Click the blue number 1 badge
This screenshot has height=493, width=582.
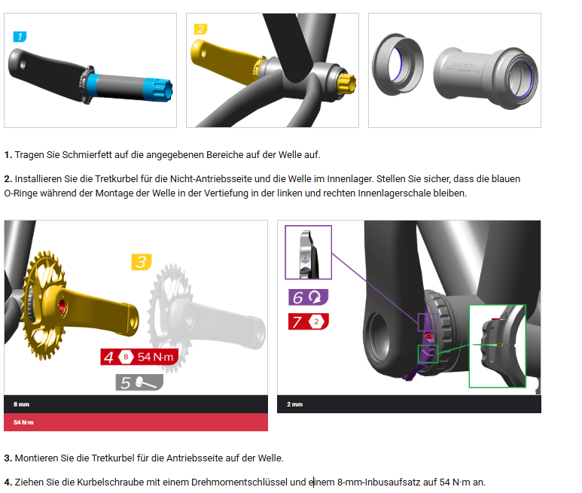tap(20, 37)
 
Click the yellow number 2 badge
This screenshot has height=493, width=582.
tap(201, 29)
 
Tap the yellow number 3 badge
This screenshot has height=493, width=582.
tap(142, 262)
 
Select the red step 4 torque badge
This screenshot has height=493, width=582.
tap(139, 357)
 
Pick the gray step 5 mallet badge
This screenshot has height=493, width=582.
tap(139, 382)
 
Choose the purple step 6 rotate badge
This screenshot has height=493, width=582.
tap(309, 297)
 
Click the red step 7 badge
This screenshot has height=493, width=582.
tap(309, 321)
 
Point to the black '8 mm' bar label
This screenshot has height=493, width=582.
tap(22, 404)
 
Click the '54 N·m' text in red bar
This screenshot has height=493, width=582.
tap(23, 422)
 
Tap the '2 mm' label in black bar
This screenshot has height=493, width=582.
tap(294, 404)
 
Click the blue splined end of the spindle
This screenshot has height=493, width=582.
tap(158, 90)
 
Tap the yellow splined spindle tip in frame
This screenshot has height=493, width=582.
tap(346, 84)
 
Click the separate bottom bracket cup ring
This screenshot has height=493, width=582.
tap(398, 65)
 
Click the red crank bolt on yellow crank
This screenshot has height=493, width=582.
tap(62, 306)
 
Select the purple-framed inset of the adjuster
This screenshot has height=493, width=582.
tap(308, 252)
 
